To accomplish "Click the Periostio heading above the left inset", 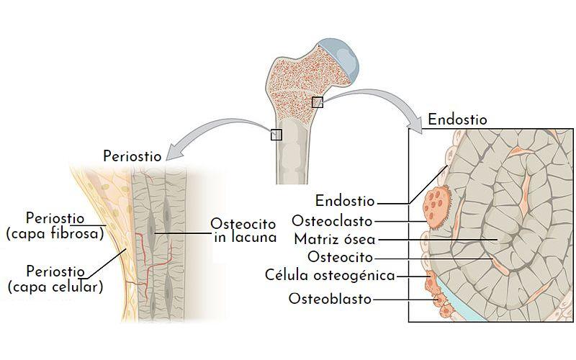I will pyautogui.click(x=132, y=156).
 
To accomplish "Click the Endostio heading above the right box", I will pyautogui.click(x=457, y=120).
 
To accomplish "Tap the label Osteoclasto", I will pyautogui.click(x=333, y=220).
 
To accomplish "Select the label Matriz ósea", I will pyautogui.click(x=336, y=239).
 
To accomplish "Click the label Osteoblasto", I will pyautogui.click(x=330, y=298).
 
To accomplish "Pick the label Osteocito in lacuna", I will pyautogui.click(x=243, y=230).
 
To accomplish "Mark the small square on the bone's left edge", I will pyautogui.click(x=276, y=135).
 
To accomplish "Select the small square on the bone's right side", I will pyautogui.click(x=317, y=102).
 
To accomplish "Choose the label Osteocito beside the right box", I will pyautogui.click(x=340, y=257).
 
